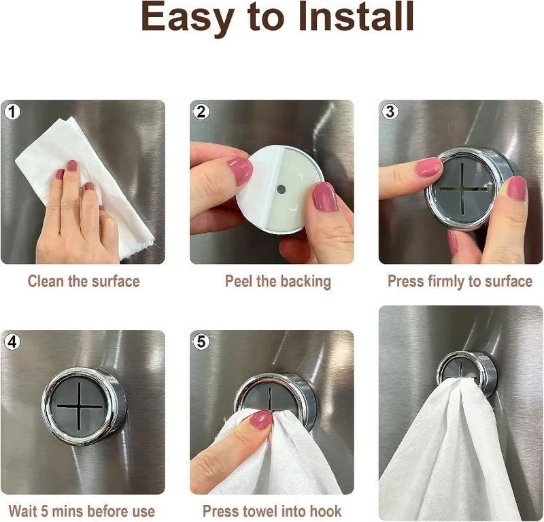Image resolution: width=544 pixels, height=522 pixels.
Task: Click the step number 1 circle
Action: (12, 112)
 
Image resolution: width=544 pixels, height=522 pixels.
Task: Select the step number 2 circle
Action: (201, 112)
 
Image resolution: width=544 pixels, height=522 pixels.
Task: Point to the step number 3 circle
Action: (390, 112)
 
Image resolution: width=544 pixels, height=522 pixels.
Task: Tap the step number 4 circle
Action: (12, 342)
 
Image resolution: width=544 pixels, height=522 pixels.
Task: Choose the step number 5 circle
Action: (201, 342)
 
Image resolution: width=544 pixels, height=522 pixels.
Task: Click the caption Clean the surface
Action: (83, 281)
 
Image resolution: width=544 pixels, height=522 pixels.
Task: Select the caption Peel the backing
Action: (277, 281)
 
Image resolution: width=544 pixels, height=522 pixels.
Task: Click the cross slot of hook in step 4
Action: (80, 406)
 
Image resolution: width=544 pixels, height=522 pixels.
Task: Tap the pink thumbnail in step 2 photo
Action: (239, 170)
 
